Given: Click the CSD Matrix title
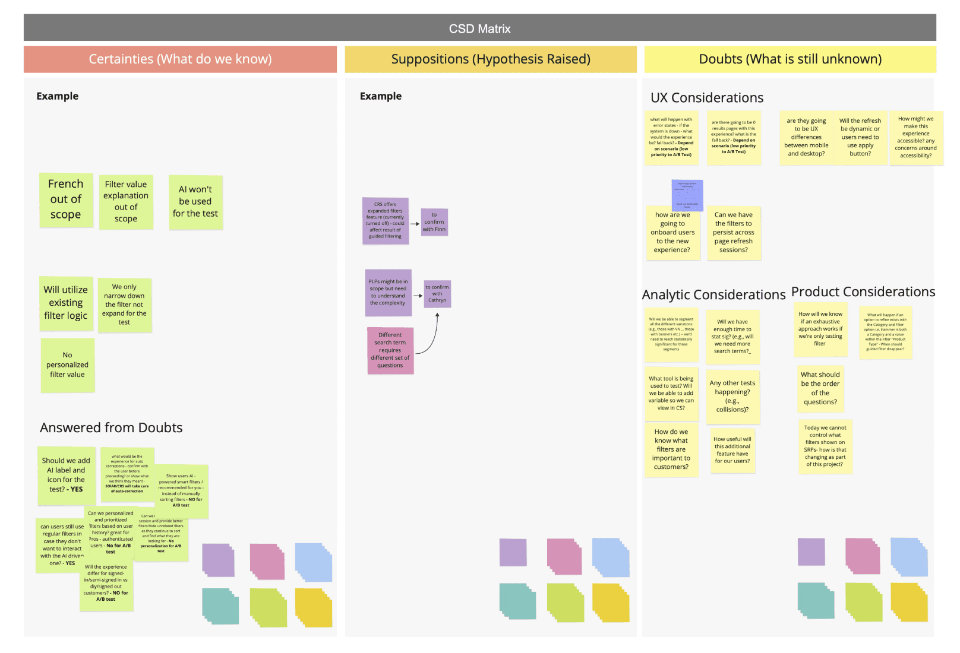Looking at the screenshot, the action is (x=479, y=28).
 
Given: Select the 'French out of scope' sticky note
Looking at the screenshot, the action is (x=66, y=199).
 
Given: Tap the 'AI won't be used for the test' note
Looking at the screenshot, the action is (x=195, y=202).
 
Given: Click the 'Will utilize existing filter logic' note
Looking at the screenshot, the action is (x=66, y=303).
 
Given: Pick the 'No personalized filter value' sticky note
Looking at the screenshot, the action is (x=67, y=365).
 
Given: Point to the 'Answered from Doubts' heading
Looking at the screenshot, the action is (x=111, y=427).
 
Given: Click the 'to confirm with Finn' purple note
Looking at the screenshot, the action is (x=434, y=222).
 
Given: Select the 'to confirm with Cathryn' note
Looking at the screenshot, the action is (x=437, y=294).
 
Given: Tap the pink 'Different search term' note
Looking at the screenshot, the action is (x=390, y=350).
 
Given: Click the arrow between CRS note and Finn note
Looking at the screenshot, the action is (x=415, y=224).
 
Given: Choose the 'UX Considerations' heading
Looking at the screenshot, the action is (x=707, y=98).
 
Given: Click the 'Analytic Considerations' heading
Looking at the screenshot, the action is (x=713, y=295).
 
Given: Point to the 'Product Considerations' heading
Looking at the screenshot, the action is (x=863, y=292).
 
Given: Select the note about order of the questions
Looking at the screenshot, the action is (x=820, y=388).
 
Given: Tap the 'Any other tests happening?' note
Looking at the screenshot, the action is (x=732, y=397).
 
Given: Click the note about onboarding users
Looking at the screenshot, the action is (x=672, y=233).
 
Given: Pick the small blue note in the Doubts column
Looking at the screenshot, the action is (x=687, y=195).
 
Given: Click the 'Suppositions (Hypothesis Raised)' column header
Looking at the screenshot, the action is (x=491, y=59).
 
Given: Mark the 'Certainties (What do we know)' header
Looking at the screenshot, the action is (x=180, y=59).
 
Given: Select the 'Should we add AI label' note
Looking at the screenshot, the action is (x=66, y=475).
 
